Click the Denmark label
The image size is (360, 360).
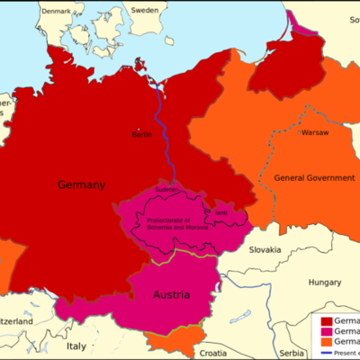point(53,12)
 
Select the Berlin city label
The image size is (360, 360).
point(142,134)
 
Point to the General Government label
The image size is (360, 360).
point(314,178)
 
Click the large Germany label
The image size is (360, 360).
point(81,185)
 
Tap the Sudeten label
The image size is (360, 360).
point(167,191)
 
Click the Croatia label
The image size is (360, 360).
point(213,352)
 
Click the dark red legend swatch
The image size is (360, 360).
point(322,321)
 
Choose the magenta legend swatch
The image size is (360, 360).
point(322,332)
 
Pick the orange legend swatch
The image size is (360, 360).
point(322,343)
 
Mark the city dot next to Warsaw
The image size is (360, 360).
point(299,132)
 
